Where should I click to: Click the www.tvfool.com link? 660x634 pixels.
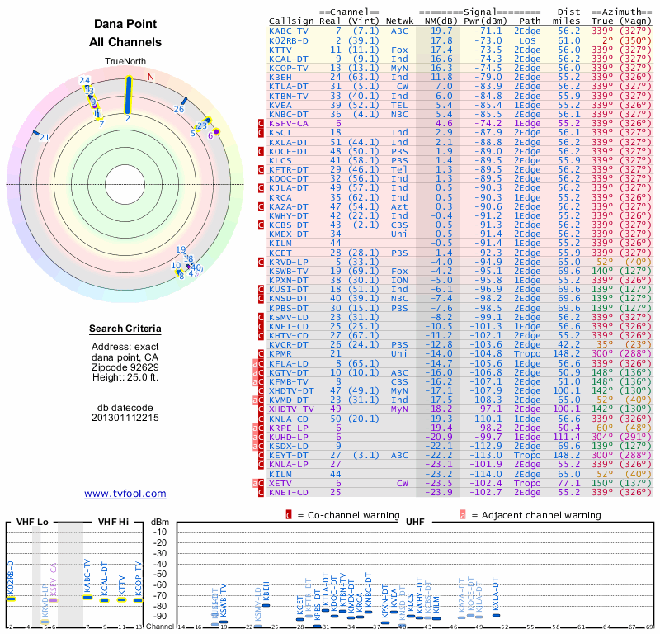coord(125,494)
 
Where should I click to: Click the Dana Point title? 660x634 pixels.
coord(125,25)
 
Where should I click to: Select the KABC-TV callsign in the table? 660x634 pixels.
coord(289,30)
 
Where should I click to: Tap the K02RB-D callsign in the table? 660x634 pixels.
coord(289,40)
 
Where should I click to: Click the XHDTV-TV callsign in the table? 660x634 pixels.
coord(292,409)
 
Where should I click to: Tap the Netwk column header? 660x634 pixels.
coord(399,19)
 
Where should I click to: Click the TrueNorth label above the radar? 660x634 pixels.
coord(125,63)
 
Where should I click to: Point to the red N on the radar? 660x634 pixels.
coord(150,78)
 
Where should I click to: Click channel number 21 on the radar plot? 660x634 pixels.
coord(45,138)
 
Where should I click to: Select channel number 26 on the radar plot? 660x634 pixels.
coord(179,108)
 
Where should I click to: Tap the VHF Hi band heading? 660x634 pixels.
coord(115,522)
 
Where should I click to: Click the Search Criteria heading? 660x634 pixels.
coord(125,329)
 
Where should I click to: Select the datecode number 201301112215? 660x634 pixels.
coord(125,418)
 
